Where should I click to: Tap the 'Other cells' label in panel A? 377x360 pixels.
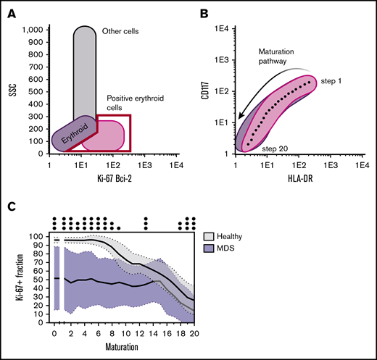click(x=120, y=31)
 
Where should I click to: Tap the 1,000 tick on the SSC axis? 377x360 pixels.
click(x=33, y=30)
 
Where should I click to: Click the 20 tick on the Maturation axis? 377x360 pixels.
click(x=192, y=336)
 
